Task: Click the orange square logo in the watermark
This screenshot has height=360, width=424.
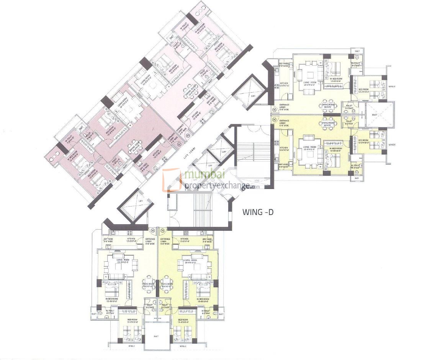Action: tap(172, 179)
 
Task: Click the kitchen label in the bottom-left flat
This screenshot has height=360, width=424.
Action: tap(131, 240)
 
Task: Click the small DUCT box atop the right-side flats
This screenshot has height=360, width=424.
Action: tap(357, 51)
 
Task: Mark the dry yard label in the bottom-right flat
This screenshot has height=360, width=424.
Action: tap(207, 240)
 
